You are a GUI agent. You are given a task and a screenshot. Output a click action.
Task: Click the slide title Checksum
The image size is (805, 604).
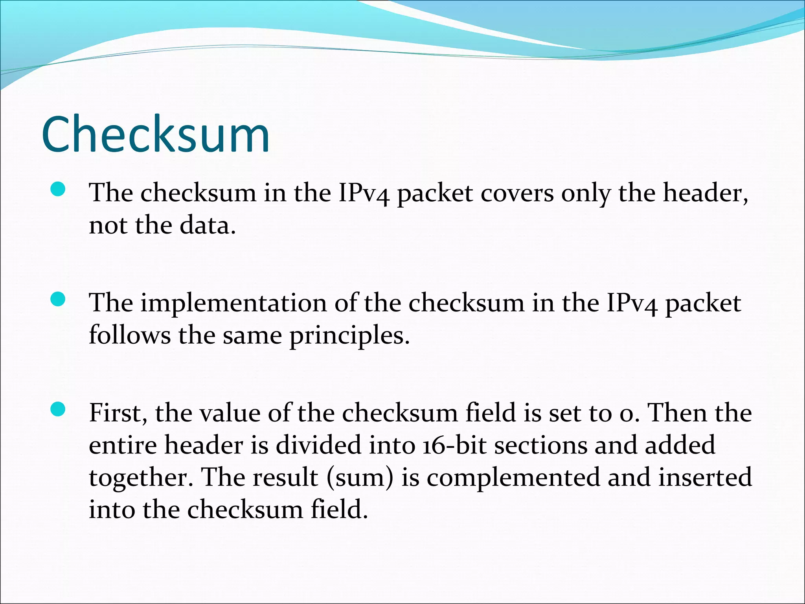(155, 134)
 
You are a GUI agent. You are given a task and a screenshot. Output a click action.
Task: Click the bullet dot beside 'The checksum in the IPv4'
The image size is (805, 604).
(58, 190)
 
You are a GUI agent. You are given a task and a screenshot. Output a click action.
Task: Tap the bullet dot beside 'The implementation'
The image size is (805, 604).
(58, 300)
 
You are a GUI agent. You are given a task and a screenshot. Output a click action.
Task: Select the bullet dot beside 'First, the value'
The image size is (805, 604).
(58, 410)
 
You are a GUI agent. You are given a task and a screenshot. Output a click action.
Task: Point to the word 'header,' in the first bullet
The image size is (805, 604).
(706, 193)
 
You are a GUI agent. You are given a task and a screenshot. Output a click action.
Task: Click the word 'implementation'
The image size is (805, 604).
(234, 304)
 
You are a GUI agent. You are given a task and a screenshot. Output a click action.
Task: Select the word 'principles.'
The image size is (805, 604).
(349, 336)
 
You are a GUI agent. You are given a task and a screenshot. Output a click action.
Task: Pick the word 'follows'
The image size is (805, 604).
(130, 336)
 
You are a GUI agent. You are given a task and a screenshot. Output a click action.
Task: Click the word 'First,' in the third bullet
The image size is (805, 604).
(118, 414)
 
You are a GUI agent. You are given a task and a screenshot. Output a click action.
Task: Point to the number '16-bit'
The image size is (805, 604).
(454, 446)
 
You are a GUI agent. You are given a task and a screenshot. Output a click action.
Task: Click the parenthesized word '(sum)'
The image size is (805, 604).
(360, 478)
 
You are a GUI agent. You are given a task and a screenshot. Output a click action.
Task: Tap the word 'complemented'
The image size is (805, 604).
(513, 478)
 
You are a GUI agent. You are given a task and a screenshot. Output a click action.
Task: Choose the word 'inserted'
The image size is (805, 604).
(706, 478)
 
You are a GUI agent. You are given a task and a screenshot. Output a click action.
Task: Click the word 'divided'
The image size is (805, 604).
(318, 446)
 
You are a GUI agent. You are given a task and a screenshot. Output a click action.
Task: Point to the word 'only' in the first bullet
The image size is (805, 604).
(586, 193)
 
